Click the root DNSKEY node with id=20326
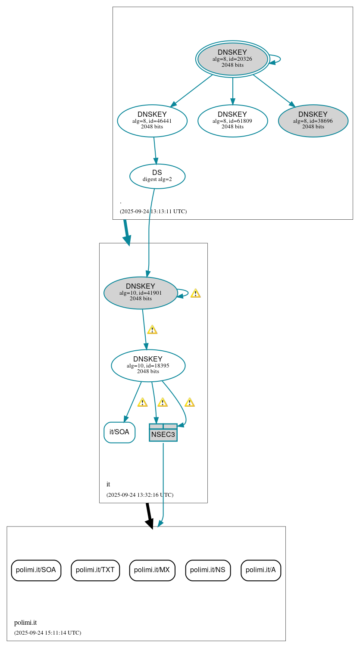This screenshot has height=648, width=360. pos(233,59)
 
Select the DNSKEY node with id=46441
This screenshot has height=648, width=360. pos(152,121)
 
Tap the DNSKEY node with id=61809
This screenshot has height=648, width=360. pos(233,121)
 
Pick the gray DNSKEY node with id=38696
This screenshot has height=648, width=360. pos(313,121)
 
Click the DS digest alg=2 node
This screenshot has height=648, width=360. pos(157,176)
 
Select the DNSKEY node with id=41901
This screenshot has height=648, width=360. pos(141,293)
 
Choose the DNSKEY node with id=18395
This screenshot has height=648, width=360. pos(148,365)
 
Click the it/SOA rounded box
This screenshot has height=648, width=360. pos(119,432)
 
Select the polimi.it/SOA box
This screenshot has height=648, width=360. pos(36,570)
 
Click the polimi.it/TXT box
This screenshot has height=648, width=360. pos(95,570)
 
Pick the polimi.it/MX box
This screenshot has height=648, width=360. pos(152,570)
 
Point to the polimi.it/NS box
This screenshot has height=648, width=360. pos(208,570)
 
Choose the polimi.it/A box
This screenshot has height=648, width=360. pos(261,570)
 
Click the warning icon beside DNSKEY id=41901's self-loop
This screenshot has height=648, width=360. pos(195,293)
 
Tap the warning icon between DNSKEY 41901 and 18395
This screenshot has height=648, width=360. pos(152,330)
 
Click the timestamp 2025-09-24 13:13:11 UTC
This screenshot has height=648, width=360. pos(153,212)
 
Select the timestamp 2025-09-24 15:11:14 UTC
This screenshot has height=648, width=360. pos(47,633)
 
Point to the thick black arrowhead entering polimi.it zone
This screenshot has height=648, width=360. pos(150,523)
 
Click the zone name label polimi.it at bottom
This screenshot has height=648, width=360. pos(25,623)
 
